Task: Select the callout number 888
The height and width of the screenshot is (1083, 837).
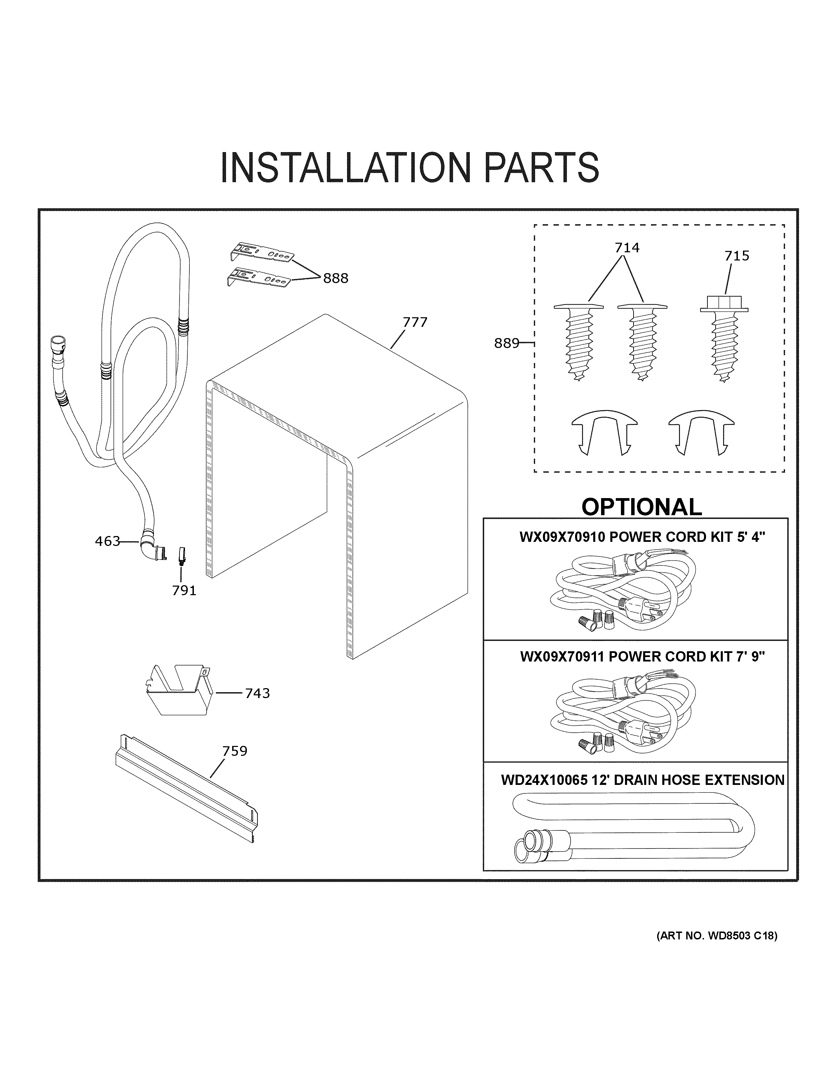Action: pos(336,279)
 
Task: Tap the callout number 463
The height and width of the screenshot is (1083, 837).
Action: pos(107,541)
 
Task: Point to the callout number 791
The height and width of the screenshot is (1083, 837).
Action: pos(184,591)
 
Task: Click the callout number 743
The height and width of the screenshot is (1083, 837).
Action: pos(257,693)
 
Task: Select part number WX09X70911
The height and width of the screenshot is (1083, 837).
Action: pos(563,657)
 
